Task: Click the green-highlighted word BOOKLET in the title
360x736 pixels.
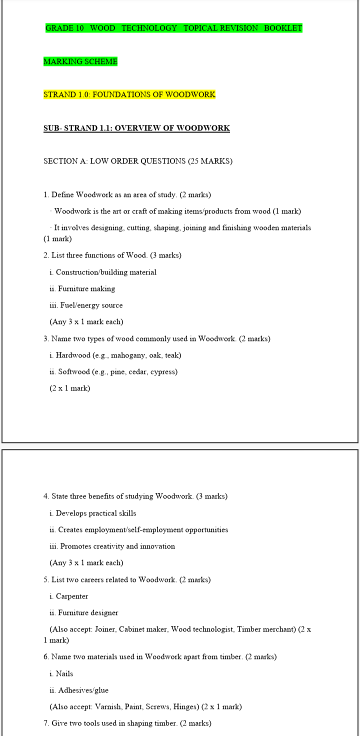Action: [283, 28]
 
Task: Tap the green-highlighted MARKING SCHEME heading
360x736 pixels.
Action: [80, 61]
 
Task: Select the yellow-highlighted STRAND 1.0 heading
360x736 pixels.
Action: [129, 94]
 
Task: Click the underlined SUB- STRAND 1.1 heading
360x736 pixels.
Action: [136, 128]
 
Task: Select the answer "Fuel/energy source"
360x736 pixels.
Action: [90, 305]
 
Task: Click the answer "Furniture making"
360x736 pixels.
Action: [86, 289]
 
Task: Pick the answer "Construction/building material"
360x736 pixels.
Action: [106, 272]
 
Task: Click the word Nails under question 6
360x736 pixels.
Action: [64, 674]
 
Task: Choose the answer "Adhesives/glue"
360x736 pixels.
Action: [83, 690]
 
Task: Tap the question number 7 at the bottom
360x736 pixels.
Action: [46, 723]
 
